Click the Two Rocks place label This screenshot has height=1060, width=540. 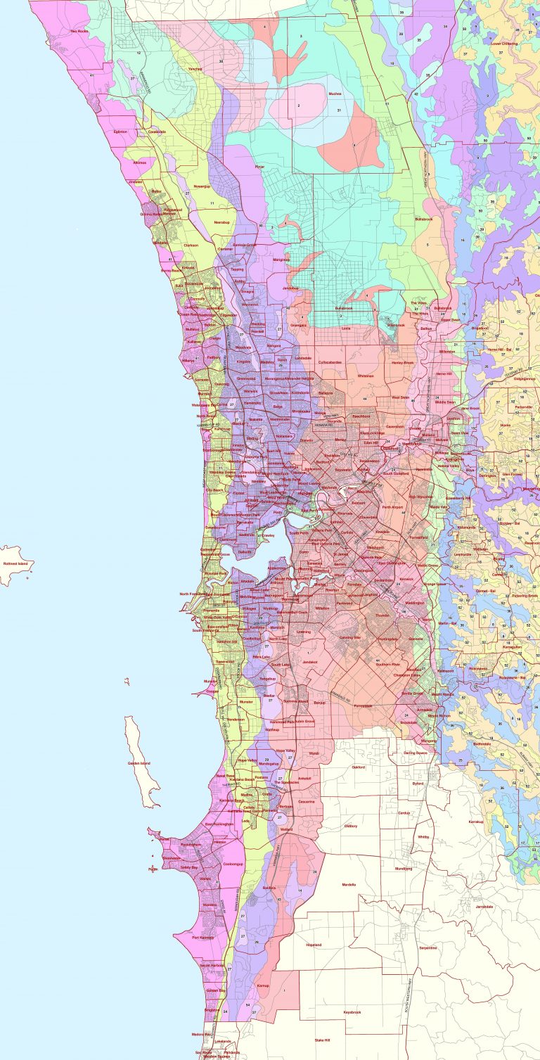(78, 32)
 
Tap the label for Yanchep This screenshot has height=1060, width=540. (195, 69)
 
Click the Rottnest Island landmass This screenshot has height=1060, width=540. (14, 563)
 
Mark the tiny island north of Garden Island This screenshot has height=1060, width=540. (127, 681)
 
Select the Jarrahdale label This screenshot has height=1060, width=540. (484, 907)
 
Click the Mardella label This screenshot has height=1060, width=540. (349, 884)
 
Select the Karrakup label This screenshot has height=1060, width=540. (477, 821)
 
